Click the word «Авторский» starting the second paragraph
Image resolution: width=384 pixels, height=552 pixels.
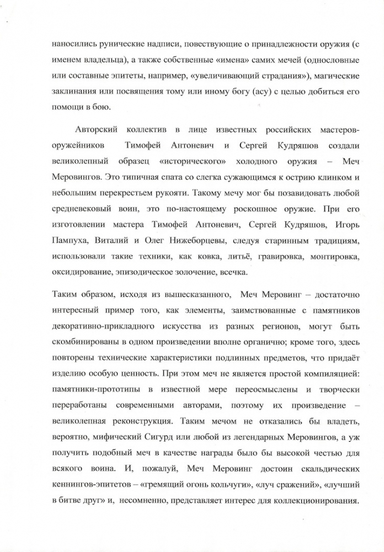[x=98, y=130]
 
